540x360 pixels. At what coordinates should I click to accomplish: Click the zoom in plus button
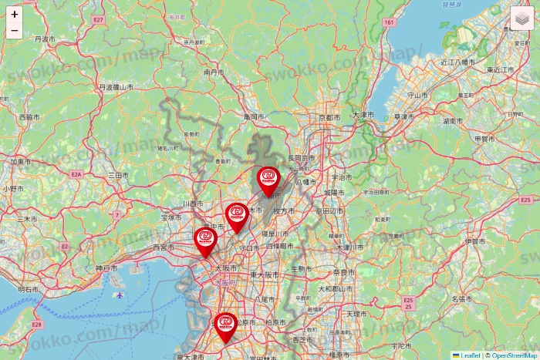pyautogui.click(x=14, y=14)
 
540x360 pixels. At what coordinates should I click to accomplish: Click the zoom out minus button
pyautogui.click(x=14, y=31)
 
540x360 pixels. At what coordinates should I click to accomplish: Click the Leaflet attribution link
pyautogui.click(x=470, y=355)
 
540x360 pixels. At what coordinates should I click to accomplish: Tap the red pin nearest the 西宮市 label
pyautogui.click(x=205, y=241)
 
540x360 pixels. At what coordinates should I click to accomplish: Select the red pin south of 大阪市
pyautogui.click(x=225, y=326)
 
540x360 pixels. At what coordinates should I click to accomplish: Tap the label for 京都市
pyautogui.click(x=329, y=118)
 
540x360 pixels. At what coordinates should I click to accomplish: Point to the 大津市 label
pyautogui.click(x=362, y=115)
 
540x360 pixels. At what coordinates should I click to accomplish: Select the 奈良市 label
pyautogui.click(x=343, y=273)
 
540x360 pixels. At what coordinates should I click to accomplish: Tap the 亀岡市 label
pyautogui.click(x=254, y=116)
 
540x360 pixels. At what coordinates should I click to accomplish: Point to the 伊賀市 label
pyautogui.click(x=475, y=242)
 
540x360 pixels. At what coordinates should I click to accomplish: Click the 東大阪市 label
pyautogui.click(x=264, y=275)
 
